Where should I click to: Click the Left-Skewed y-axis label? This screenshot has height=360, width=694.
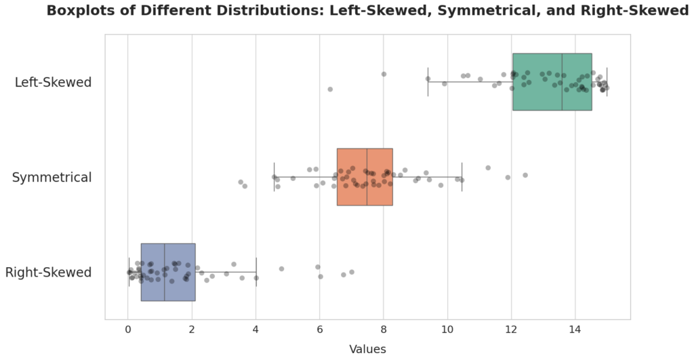tap(53, 82)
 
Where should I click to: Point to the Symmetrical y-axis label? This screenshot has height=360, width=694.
tap(52, 178)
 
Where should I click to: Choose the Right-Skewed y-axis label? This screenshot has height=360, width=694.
tap(48, 273)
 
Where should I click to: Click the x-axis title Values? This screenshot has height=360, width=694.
tap(367, 349)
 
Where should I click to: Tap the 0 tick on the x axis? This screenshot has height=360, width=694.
tap(128, 330)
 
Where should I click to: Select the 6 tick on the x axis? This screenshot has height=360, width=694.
tap(320, 330)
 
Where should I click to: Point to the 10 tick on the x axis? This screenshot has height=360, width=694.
tap(447, 330)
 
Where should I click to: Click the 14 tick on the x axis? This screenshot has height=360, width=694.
tap(575, 330)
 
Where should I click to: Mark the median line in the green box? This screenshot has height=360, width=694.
tap(562, 82)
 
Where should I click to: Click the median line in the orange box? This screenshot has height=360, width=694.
tap(367, 177)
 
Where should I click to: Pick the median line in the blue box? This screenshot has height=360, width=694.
tap(165, 272)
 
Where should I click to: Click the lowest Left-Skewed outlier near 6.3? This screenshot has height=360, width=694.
tap(330, 89)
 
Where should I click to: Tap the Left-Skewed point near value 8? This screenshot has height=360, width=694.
tap(384, 74)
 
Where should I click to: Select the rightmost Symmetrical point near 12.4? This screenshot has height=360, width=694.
tap(525, 175)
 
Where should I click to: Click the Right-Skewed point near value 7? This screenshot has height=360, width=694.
tap(351, 272)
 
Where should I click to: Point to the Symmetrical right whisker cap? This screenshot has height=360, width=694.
tap(462, 177)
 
